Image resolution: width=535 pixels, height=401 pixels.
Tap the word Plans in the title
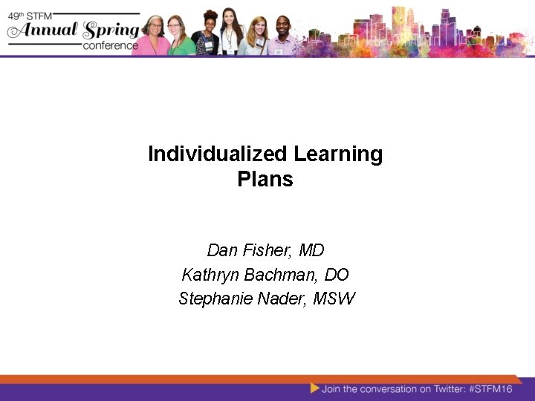click(x=265, y=180)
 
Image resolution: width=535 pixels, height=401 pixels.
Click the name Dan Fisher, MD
click(x=265, y=251)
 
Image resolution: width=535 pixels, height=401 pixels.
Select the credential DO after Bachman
click(x=337, y=275)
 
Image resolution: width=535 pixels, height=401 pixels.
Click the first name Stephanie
click(x=211, y=299)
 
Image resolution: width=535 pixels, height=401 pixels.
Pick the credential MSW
click(x=335, y=299)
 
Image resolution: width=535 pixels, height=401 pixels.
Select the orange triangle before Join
click(x=315, y=388)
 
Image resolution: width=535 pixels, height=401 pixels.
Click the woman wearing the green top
click(x=178, y=37)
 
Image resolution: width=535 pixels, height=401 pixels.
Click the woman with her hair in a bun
click(x=205, y=37)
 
